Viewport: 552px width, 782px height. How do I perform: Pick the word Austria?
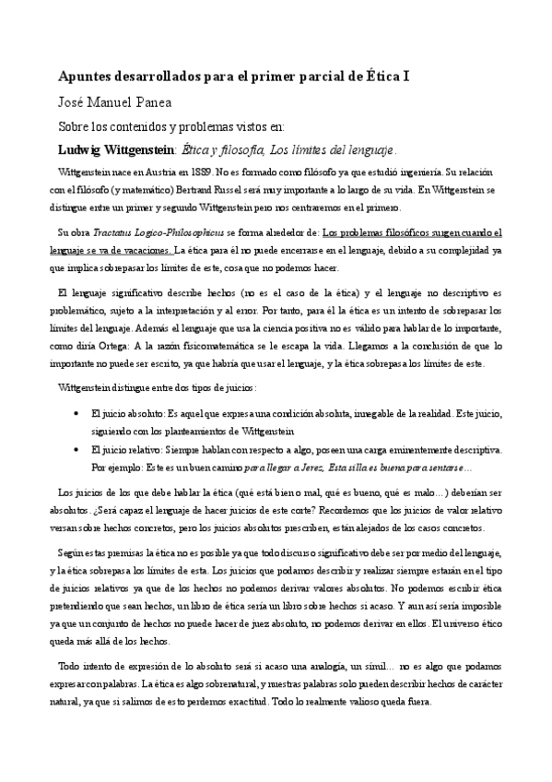pyautogui.click(x=160, y=172)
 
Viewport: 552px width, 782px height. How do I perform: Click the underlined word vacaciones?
pyautogui.click(x=146, y=250)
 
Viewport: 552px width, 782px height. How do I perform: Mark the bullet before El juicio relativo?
pyautogui.click(x=75, y=450)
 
